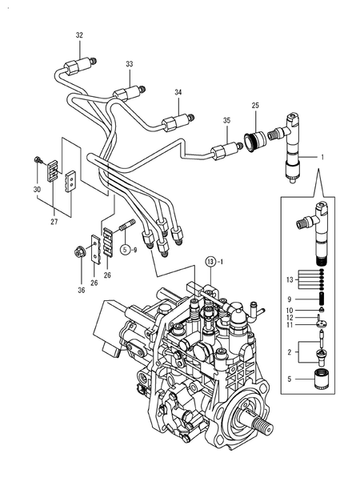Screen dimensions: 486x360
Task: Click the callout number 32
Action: pyautogui.click(x=78, y=36)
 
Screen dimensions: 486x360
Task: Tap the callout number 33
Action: pyautogui.click(x=130, y=64)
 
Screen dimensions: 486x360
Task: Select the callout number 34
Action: pyautogui.click(x=178, y=92)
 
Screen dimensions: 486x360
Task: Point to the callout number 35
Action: pyautogui.click(x=226, y=120)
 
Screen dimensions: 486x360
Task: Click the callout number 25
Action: pyautogui.click(x=255, y=105)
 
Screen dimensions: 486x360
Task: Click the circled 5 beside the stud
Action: pyautogui.click(x=125, y=251)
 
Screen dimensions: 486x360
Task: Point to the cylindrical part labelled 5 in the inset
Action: pyautogui.click(x=322, y=378)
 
